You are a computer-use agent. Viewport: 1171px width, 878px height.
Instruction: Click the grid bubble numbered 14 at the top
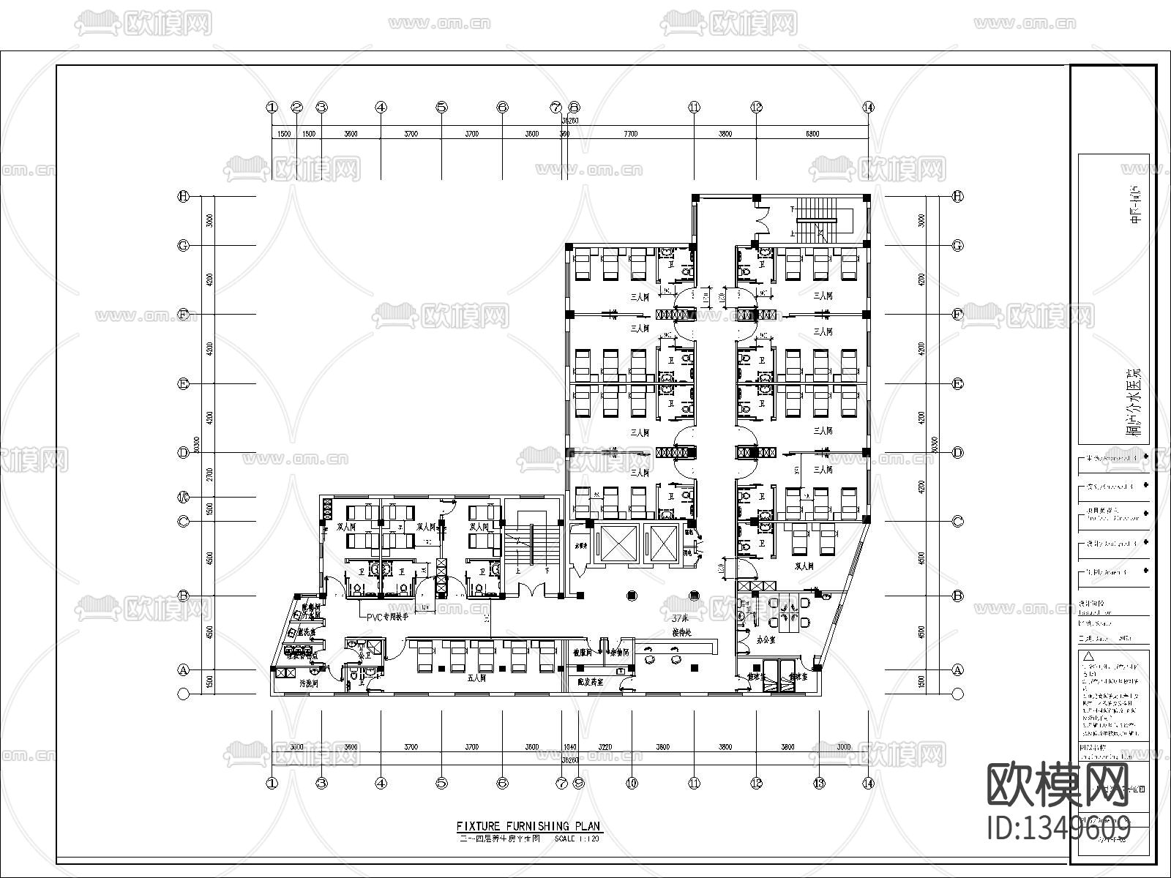[x=868, y=107]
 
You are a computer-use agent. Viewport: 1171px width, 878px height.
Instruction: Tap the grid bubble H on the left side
[x=184, y=196]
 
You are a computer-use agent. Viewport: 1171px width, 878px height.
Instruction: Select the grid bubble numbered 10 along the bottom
[x=632, y=783]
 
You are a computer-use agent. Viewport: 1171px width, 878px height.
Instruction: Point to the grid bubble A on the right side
[x=957, y=669]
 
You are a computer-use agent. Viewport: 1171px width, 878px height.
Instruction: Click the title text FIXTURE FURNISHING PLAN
[x=528, y=826]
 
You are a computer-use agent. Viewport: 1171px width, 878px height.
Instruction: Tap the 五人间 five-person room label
[x=478, y=678]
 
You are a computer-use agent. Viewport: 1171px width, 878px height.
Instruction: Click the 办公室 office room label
[x=766, y=637]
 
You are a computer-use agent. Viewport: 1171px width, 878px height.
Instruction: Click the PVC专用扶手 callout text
[x=387, y=617]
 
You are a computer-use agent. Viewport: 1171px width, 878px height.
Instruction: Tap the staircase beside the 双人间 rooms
[x=532, y=552]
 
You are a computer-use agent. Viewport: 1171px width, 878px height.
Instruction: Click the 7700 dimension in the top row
[x=630, y=134]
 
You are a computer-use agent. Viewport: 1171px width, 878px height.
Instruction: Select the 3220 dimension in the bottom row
[x=605, y=747]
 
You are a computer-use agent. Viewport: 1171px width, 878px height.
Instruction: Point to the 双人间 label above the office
[x=804, y=566]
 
